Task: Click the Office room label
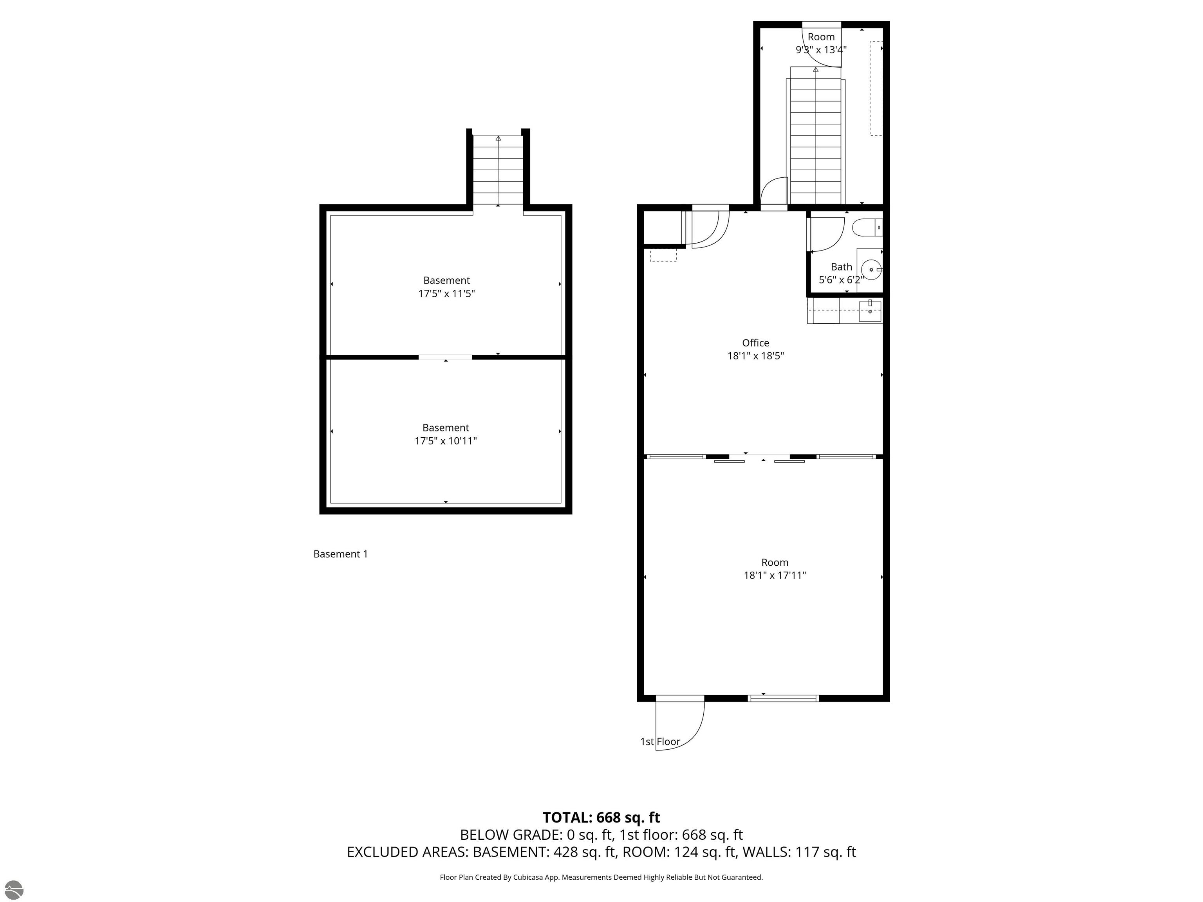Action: (x=755, y=343)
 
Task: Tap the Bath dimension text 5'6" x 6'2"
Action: (x=841, y=280)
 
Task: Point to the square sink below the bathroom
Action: (x=870, y=312)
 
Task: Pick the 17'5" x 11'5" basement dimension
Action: (x=446, y=294)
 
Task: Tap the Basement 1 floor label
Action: (x=340, y=554)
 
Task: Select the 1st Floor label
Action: (x=660, y=741)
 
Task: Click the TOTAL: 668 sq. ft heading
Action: (x=601, y=817)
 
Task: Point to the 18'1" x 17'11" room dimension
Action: (x=775, y=575)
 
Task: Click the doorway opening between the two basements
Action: (x=445, y=357)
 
